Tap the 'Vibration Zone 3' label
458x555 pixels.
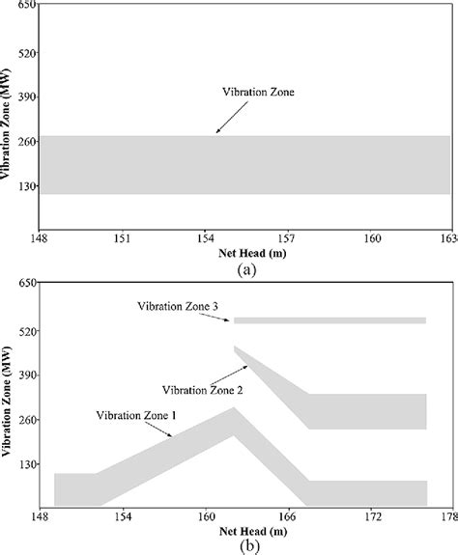(x=176, y=307)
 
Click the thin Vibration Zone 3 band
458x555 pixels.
(x=329, y=320)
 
